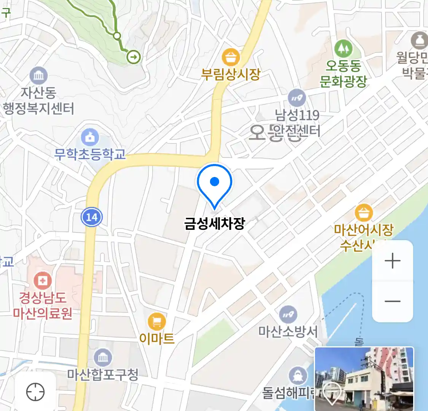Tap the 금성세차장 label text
click(215, 223)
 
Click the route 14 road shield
click(92, 217)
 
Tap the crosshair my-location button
click(35, 392)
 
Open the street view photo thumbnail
click(364, 378)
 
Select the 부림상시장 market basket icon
click(231, 57)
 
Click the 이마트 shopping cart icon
click(157, 322)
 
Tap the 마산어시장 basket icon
click(364, 213)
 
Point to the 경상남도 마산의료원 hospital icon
click(43, 282)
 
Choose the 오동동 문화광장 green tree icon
click(343, 48)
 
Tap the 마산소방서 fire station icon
click(288, 315)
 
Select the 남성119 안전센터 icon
click(297, 98)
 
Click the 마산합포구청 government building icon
click(103, 358)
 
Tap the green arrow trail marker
click(134, 57)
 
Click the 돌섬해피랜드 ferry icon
click(298, 376)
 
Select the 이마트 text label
click(157, 338)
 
